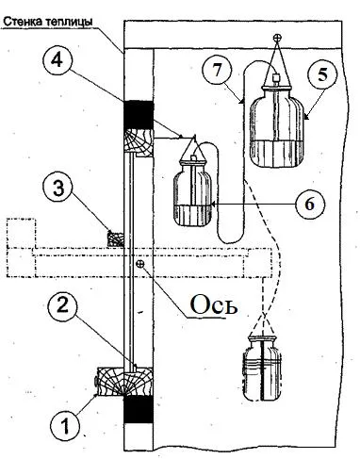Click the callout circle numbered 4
tap(57, 60)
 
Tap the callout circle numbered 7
tap(218, 71)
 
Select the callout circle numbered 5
tap(322, 75)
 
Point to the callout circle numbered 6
tap(309, 205)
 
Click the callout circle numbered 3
tap(58, 189)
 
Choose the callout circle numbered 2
tap(63, 305)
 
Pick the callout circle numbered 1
tap(66, 426)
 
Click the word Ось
tap(213, 304)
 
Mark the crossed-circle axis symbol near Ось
tap(140, 264)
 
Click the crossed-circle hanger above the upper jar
tap(277, 38)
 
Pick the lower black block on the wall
tap(139, 409)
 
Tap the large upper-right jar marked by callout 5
tap(276, 127)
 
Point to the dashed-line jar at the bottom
tap(262, 368)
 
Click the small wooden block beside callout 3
tap(116, 238)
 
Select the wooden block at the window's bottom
tap(125, 381)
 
